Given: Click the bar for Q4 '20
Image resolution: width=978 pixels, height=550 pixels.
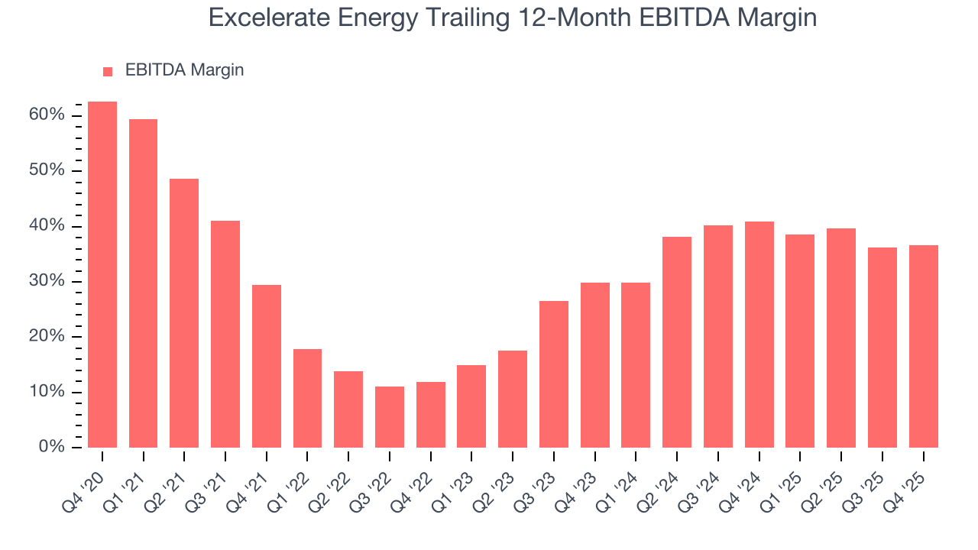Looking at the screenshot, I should (x=102, y=274).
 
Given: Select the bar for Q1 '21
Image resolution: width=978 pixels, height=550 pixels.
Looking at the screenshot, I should (x=143, y=283).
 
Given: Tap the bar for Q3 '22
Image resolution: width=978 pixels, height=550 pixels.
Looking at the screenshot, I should (x=390, y=417).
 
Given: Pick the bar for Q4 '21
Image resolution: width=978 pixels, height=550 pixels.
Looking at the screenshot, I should (x=267, y=366).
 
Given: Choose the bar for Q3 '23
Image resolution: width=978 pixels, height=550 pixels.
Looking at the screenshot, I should (x=554, y=374).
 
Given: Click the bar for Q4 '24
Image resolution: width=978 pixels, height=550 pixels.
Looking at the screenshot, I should (x=759, y=335).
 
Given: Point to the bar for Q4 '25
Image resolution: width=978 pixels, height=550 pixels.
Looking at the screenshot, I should (x=923, y=346).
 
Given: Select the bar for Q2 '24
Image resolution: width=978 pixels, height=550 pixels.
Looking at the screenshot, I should (x=677, y=342).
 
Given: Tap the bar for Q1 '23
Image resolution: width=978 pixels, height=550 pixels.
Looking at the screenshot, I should (x=471, y=406).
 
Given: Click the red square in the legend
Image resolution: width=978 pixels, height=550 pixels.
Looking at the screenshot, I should (x=108, y=71).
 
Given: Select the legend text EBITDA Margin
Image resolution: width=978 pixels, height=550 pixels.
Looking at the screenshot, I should (x=184, y=70).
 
